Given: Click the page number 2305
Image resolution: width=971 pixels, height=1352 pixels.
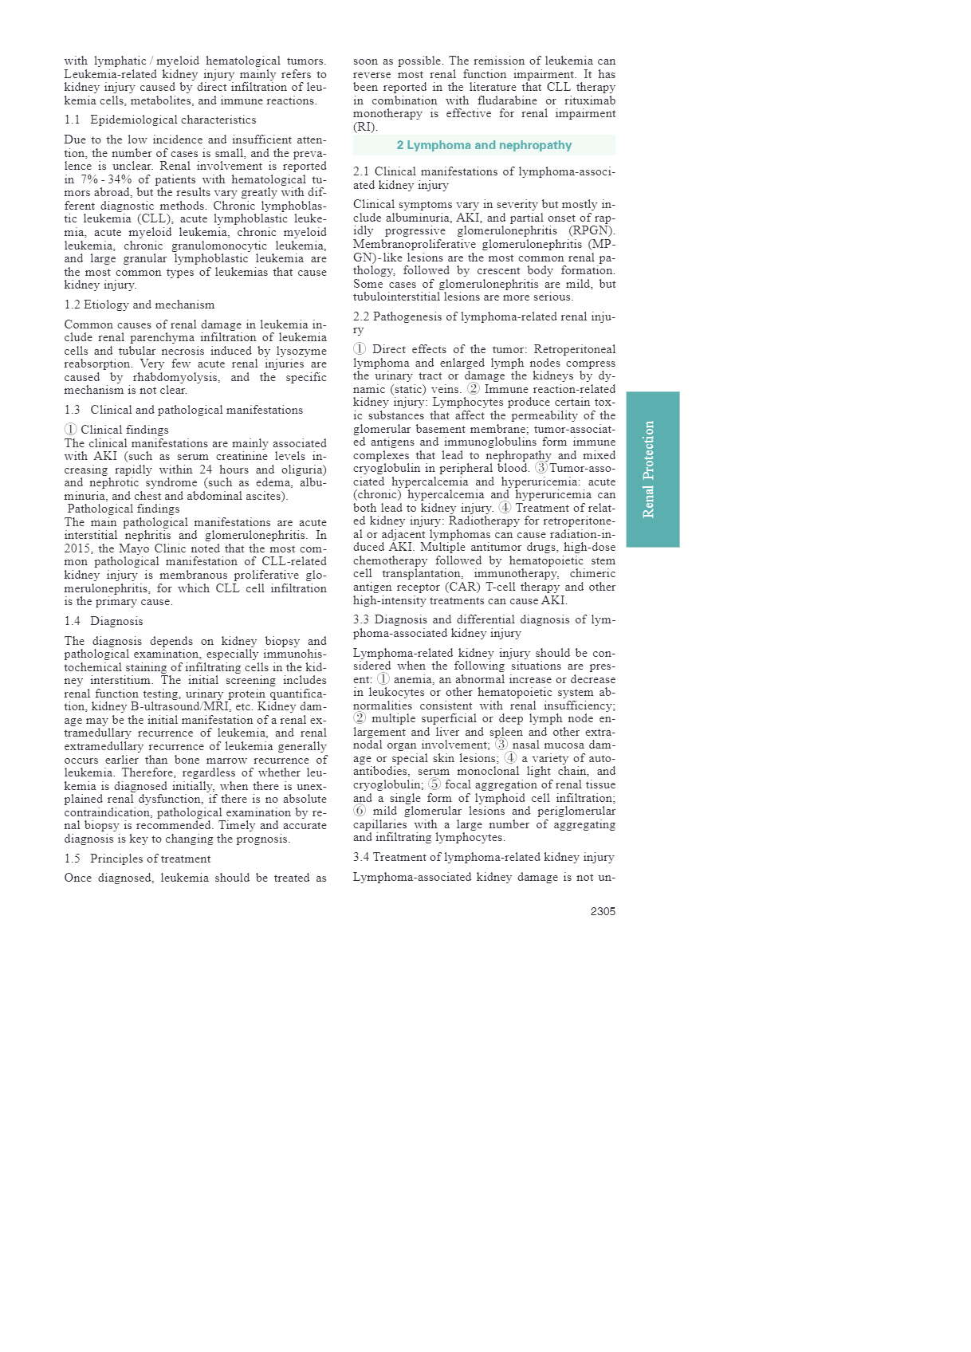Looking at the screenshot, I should click(603, 911).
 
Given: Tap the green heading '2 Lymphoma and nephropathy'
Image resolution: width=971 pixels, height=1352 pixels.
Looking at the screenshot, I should click(484, 145).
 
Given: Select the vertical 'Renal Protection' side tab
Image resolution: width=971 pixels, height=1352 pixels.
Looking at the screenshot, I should click(652, 469).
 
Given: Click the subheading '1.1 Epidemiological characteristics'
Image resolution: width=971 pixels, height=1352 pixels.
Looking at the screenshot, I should click(160, 120).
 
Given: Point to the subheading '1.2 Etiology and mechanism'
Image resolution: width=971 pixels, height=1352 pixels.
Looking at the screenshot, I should click(140, 305).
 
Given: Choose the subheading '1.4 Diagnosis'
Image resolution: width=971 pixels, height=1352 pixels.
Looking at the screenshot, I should click(104, 621).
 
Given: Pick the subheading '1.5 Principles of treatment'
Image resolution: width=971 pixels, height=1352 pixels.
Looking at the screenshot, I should click(137, 859).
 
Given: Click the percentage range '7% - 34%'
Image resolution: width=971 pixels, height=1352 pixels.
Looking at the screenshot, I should click(106, 179).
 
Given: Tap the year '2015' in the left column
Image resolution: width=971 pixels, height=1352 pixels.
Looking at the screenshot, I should click(77, 548).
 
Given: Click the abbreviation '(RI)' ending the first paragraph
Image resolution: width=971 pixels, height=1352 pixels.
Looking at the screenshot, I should click(365, 127).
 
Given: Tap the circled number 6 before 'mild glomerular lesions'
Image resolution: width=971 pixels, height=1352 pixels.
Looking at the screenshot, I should click(360, 811).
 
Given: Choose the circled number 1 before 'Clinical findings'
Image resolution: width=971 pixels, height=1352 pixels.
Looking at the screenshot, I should click(70, 430).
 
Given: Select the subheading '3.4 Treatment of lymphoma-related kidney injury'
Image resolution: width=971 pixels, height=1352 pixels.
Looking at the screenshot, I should click(483, 857).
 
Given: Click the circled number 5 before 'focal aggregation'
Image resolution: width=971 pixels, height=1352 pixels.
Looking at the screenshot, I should click(434, 784).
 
